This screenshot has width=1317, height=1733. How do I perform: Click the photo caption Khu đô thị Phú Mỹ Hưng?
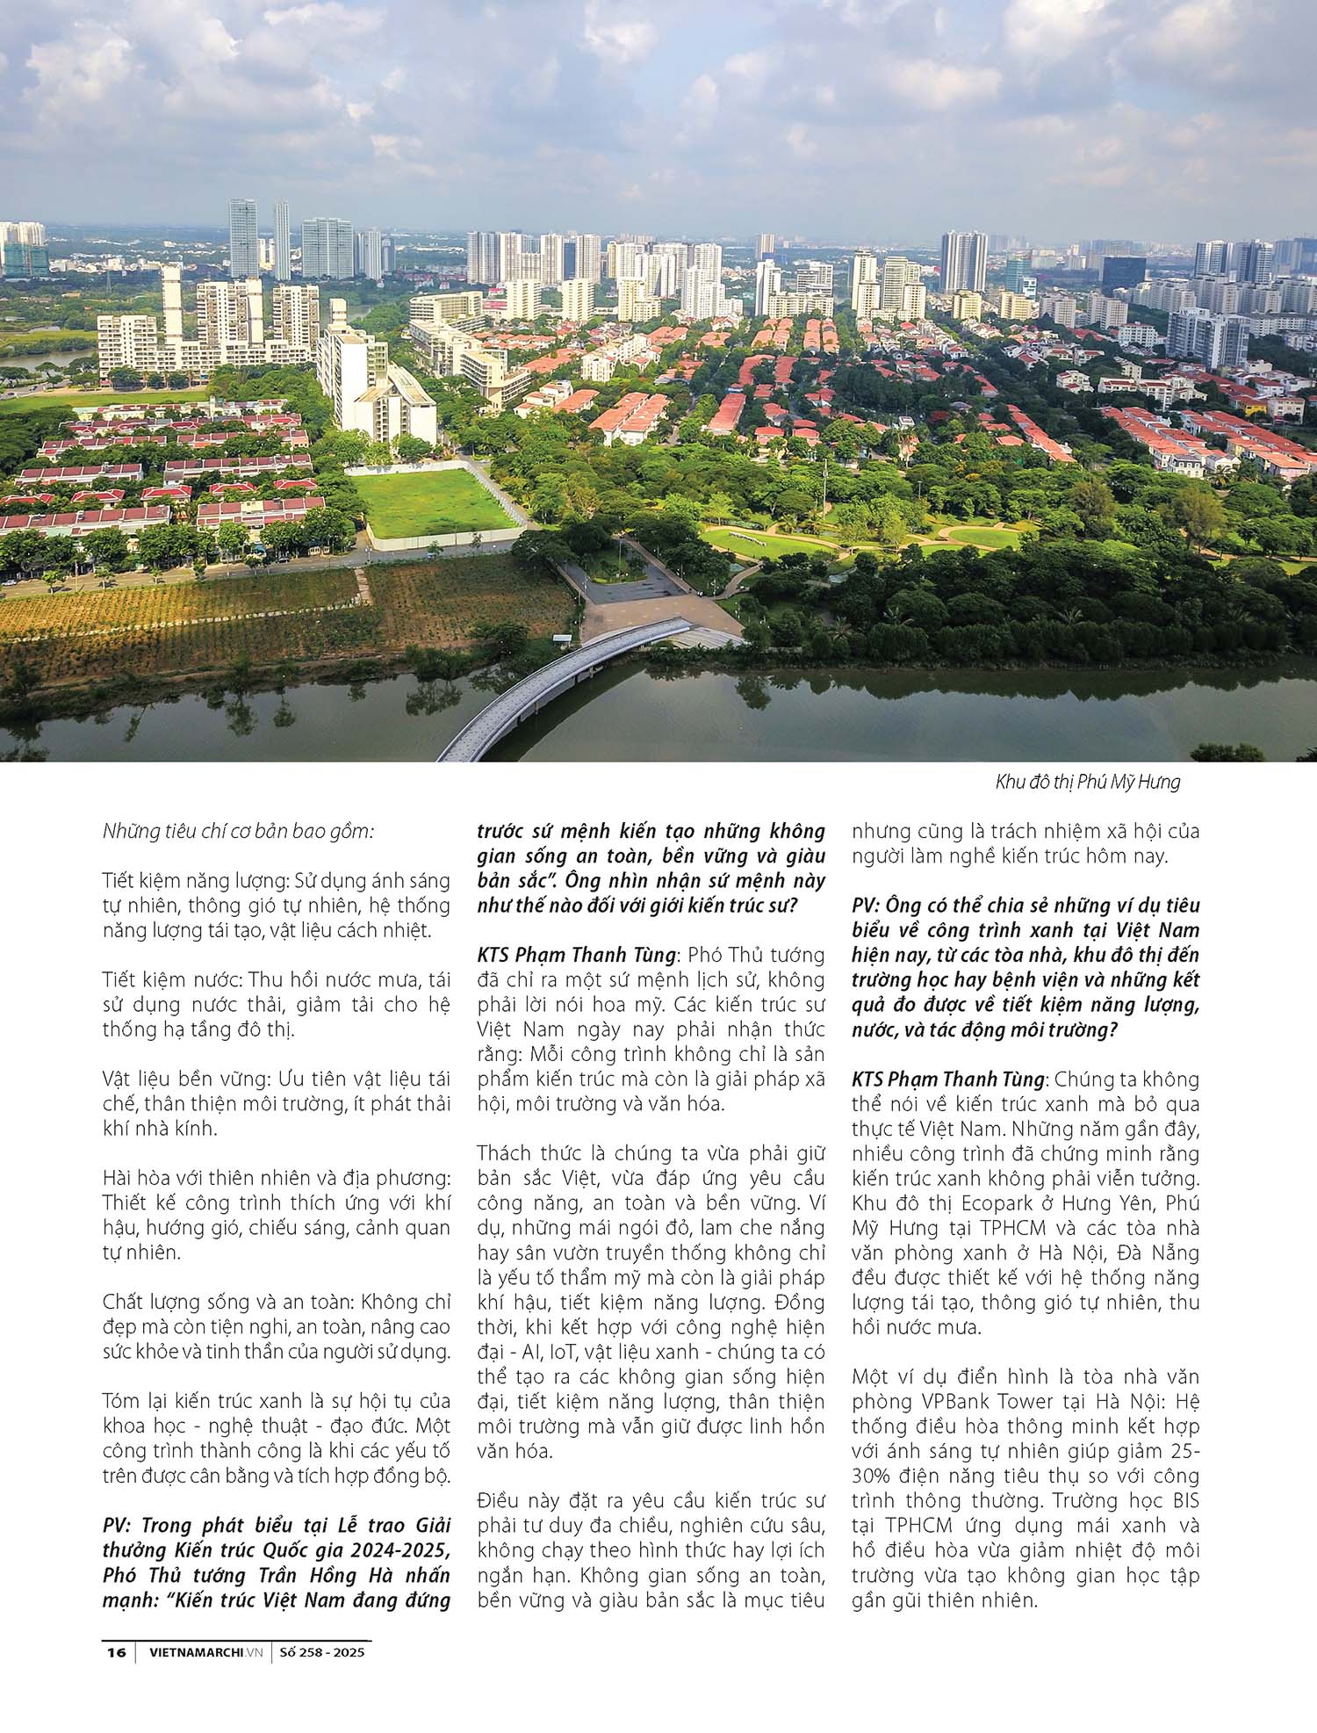1088,782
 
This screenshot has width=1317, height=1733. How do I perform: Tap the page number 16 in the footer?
116,1652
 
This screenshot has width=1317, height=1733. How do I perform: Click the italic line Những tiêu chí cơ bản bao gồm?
238,831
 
